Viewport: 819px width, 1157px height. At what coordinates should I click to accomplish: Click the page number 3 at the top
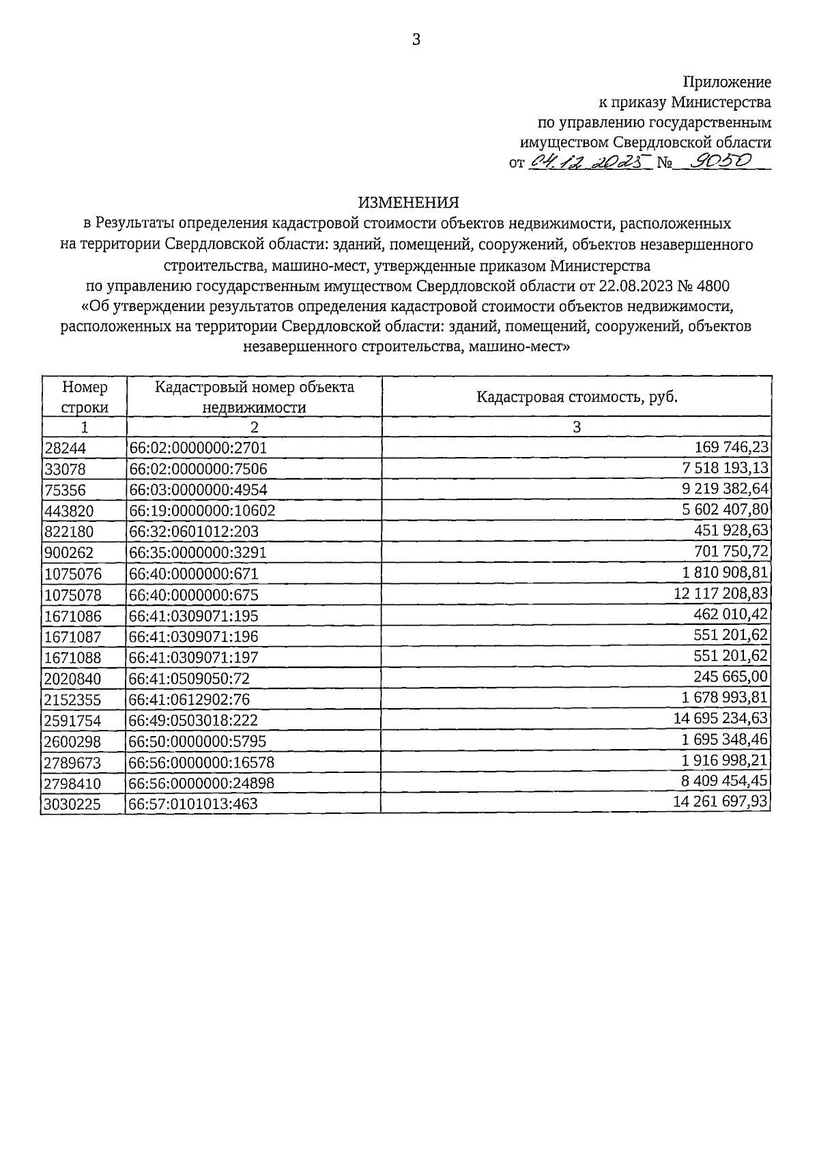416,40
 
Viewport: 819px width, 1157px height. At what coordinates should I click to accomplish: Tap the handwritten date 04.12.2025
589,162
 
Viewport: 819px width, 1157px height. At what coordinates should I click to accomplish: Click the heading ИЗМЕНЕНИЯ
409,203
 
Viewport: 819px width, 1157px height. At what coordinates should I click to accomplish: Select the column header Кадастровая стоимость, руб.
577,397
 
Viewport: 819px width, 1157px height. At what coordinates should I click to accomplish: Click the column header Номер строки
85,397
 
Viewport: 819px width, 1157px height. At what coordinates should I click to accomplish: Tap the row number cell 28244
63,448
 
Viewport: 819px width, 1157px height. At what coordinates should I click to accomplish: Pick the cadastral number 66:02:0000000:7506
199,469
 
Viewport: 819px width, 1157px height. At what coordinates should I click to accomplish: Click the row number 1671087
72,637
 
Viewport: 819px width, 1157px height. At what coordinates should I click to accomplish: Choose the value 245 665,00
731,677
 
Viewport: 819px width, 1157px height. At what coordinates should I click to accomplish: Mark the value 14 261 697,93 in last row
721,802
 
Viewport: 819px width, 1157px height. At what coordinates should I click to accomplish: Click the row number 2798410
72,783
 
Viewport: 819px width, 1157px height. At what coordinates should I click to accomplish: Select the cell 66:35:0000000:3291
198,553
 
